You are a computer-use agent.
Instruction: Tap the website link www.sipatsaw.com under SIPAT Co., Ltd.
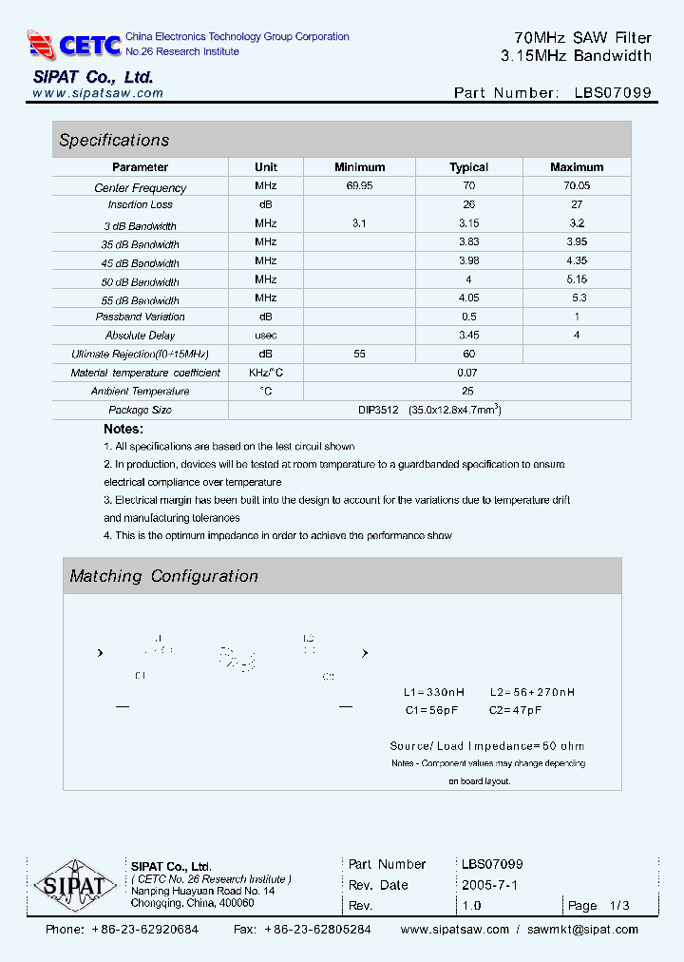(x=98, y=93)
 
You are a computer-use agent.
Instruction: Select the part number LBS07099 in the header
(x=613, y=93)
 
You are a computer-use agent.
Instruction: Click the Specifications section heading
(x=114, y=141)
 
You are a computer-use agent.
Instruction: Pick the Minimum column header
(x=359, y=167)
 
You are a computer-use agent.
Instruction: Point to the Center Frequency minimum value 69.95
(x=359, y=187)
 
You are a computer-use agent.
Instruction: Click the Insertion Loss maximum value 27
(x=576, y=204)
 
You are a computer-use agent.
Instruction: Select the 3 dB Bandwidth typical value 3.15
(x=468, y=223)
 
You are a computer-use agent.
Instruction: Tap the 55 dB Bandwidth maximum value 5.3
(x=576, y=298)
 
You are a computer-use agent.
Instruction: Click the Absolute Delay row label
(x=140, y=336)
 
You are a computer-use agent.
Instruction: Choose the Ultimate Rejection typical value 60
(x=468, y=354)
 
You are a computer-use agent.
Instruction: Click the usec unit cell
(x=266, y=336)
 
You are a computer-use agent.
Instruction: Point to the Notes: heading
(x=123, y=430)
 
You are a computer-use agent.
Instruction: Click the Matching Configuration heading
(x=163, y=576)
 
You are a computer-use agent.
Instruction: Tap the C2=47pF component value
(x=516, y=710)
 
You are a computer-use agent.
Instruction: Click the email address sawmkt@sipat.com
(x=582, y=930)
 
